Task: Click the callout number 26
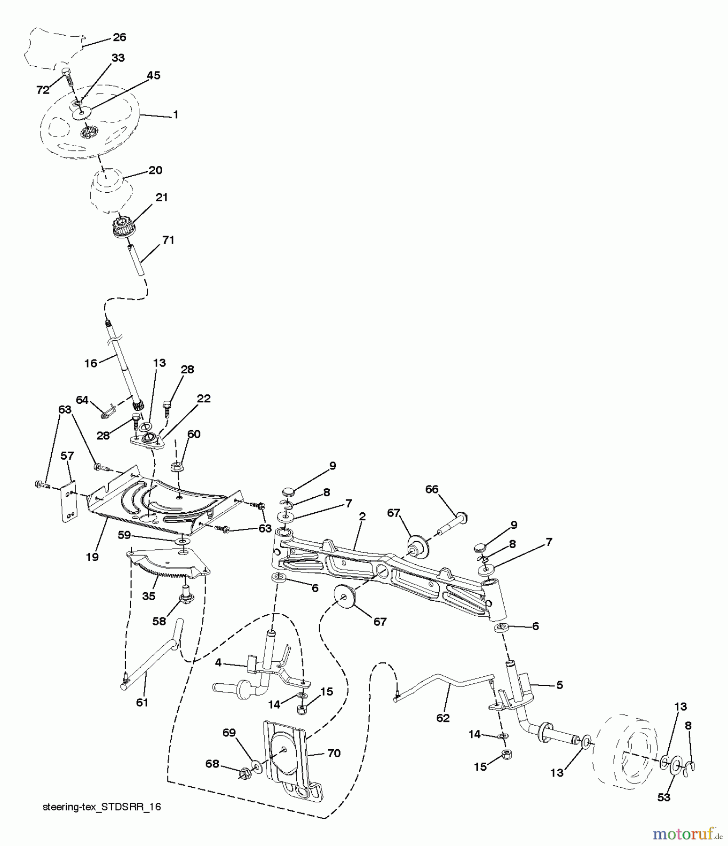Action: click(x=119, y=37)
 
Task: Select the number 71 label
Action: click(x=168, y=240)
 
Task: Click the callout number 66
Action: click(x=431, y=489)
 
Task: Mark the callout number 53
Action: click(x=664, y=797)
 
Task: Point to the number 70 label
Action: click(x=333, y=753)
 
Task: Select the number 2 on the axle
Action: click(x=362, y=516)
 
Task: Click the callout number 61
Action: click(x=142, y=702)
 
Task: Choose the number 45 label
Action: click(x=154, y=75)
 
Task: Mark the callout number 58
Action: click(x=159, y=621)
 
